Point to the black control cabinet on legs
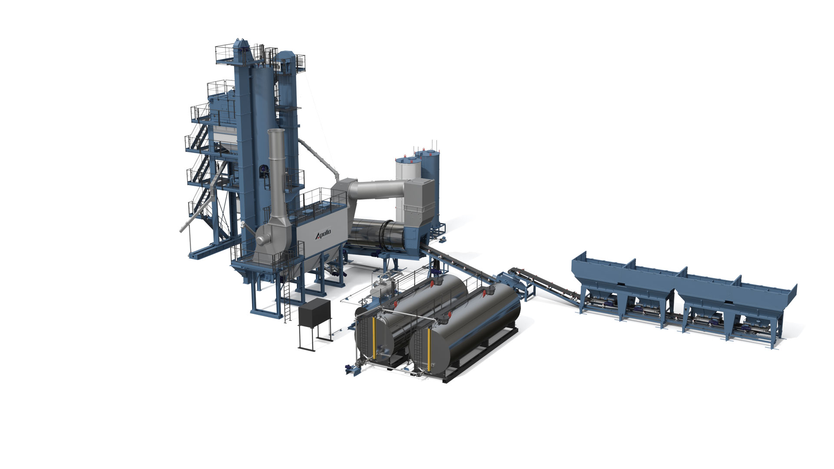314,311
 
